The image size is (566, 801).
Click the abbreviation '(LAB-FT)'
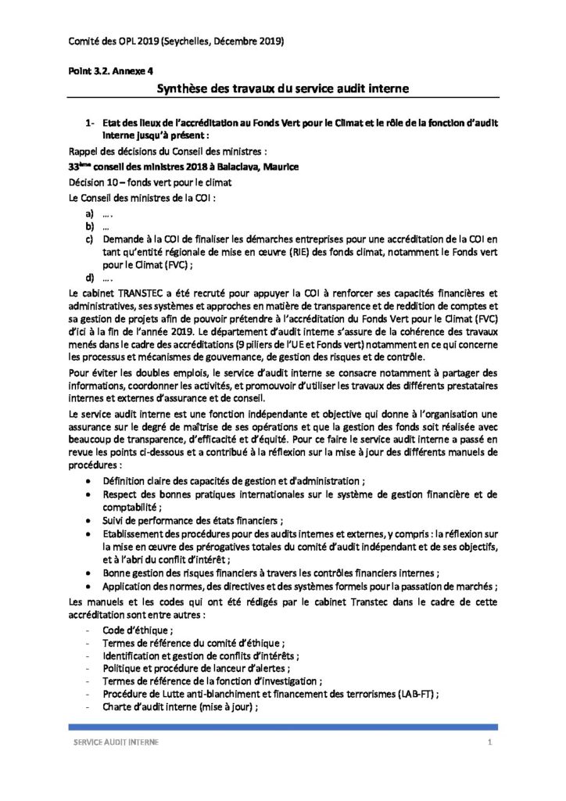click(x=414, y=694)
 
